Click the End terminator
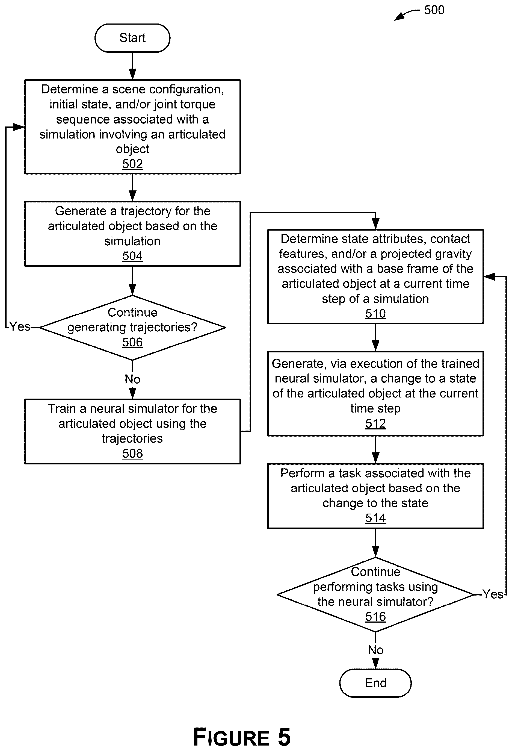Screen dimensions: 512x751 [375, 683]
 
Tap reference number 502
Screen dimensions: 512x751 [132, 164]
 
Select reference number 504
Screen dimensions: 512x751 [132, 256]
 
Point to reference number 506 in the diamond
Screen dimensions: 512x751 [132, 342]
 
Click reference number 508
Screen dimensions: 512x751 [132, 453]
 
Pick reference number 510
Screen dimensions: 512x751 [375, 313]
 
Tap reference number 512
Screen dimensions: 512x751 [375, 423]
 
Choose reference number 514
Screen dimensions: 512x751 [375, 518]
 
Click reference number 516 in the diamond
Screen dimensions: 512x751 [375, 616]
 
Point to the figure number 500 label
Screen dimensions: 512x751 [434, 10]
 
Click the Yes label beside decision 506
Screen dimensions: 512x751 [20, 326]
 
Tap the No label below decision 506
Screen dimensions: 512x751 [132, 379]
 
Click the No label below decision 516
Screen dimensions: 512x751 [375, 650]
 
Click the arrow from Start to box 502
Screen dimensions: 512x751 [132, 66]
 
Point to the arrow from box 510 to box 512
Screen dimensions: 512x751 [375, 337]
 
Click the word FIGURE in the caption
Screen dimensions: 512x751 [231, 737]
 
